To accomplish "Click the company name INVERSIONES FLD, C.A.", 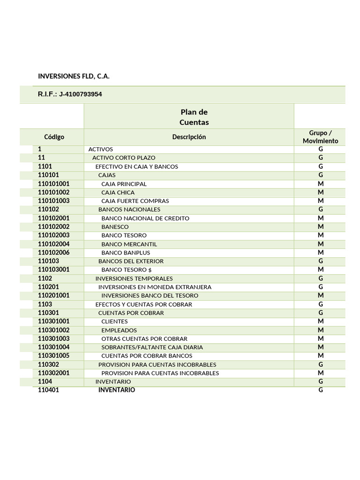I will [x=74, y=76].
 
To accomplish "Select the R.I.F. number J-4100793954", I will [x=80, y=94].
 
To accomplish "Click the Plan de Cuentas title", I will [x=194, y=117].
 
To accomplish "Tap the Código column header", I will [x=54, y=137].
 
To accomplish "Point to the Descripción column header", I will [x=189, y=137].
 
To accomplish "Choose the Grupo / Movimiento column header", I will [x=320, y=137].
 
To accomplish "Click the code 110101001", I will [x=53, y=184].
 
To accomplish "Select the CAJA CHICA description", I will [x=118, y=193].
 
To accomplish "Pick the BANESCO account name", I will [x=115, y=227].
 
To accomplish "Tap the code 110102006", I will [x=53, y=253].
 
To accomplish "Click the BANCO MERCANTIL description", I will [x=129, y=244].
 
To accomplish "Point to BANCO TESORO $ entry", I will [x=127, y=270].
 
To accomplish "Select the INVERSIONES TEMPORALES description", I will [x=134, y=278].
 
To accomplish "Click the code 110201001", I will [x=53, y=296].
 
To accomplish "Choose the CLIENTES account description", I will [x=114, y=322].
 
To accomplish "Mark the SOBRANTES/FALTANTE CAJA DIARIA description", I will [x=152, y=347].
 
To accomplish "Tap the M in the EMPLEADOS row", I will [x=321, y=330].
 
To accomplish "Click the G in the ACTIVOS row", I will [x=321, y=149].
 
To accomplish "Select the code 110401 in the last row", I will [x=48, y=390].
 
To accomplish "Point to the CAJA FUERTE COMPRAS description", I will [x=128, y=201].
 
